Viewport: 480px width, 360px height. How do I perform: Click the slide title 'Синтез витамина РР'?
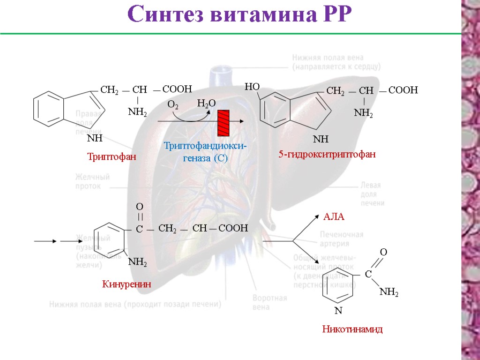coord(240,15)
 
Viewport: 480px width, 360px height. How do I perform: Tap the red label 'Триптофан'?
coord(111,157)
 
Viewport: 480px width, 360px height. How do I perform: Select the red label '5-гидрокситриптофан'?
coord(327,154)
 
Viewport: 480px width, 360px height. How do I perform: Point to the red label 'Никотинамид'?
coord(352,329)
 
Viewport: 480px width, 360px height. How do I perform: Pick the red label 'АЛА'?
coord(334,217)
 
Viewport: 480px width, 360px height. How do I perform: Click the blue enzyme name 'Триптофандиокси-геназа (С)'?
coord(205,152)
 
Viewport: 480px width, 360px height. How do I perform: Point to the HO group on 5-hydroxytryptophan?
coord(252,87)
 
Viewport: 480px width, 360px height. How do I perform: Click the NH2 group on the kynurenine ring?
coord(137,262)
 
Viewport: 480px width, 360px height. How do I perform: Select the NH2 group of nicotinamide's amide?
coord(389,292)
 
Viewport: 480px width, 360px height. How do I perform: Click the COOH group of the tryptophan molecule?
coord(177,89)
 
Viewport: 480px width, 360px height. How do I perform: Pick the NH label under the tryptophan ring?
coord(95,138)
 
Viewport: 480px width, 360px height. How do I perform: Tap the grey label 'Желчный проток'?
coord(92,181)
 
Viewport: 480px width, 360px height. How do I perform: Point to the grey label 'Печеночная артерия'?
coord(342,239)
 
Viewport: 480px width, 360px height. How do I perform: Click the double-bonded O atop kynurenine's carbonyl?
coord(139,206)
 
